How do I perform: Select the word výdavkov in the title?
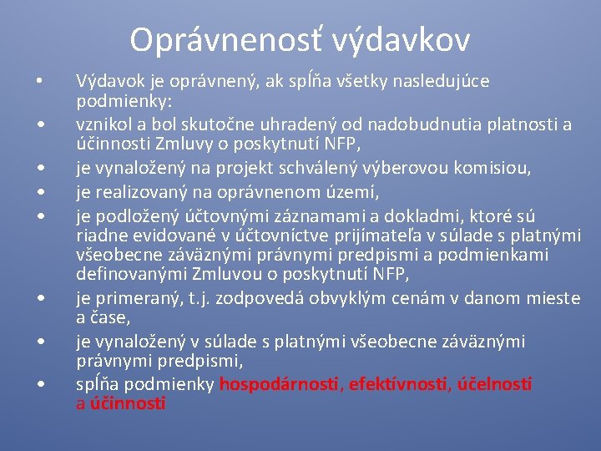[x=401, y=39]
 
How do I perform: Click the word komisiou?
[x=489, y=169]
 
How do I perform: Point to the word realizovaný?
[x=134, y=193]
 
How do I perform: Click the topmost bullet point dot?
[x=39, y=81]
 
